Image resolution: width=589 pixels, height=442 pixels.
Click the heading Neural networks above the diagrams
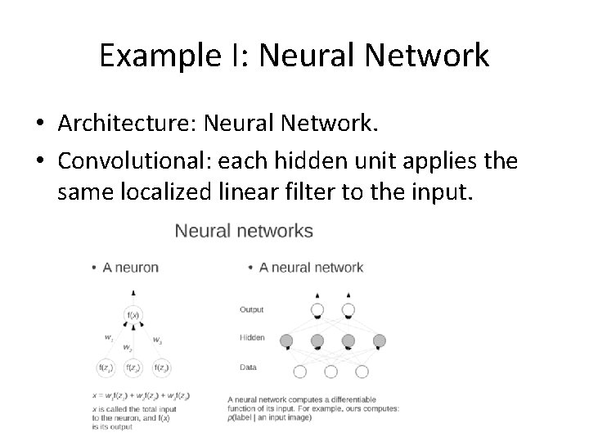[x=244, y=231]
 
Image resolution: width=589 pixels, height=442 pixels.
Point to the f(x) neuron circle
[x=131, y=315]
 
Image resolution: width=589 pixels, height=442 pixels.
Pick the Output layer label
[x=251, y=310]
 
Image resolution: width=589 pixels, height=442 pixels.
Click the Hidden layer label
[x=252, y=337]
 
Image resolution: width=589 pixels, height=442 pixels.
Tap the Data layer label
[x=247, y=368]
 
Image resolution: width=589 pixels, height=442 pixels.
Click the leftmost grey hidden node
[x=286, y=340]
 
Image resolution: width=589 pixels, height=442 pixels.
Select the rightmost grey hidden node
[x=379, y=340]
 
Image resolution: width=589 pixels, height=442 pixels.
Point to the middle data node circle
[x=332, y=371]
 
